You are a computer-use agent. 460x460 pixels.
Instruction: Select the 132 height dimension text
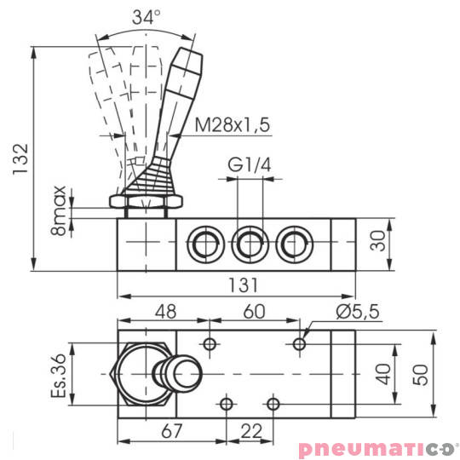pyautogui.click(x=21, y=158)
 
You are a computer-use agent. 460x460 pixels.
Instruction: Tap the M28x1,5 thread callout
pyautogui.click(x=232, y=125)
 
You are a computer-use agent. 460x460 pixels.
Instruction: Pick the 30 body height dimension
pyautogui.click(x=381, y=243)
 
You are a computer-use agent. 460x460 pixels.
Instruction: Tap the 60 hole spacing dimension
pyautogui.click(x=254, y=312)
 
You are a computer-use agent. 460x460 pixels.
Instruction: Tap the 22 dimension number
pyautogui.click(x=249, y=431)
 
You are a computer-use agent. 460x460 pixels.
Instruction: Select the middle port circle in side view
pyautogui.click(x=249, y=244)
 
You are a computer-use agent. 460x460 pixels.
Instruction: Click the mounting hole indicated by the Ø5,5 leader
pyautogui.click(x=298, y=343)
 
